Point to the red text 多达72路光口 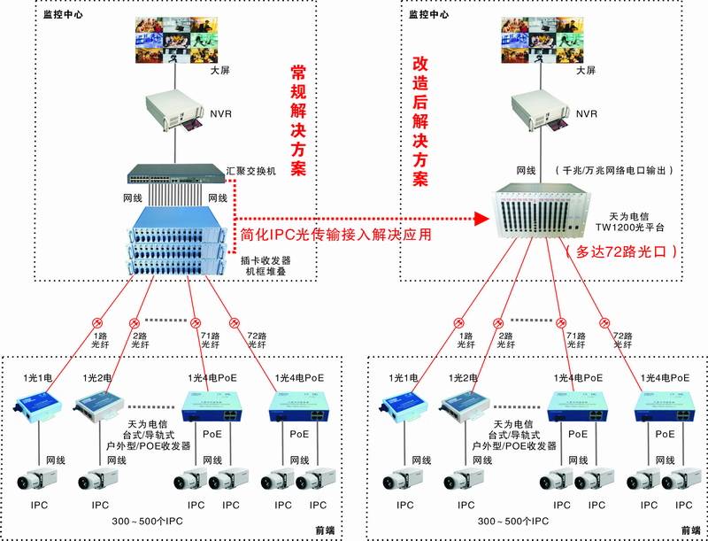point(621,251)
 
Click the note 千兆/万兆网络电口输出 point(614,169)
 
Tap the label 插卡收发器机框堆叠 point(265,267)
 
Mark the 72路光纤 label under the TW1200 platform point(622,342)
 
